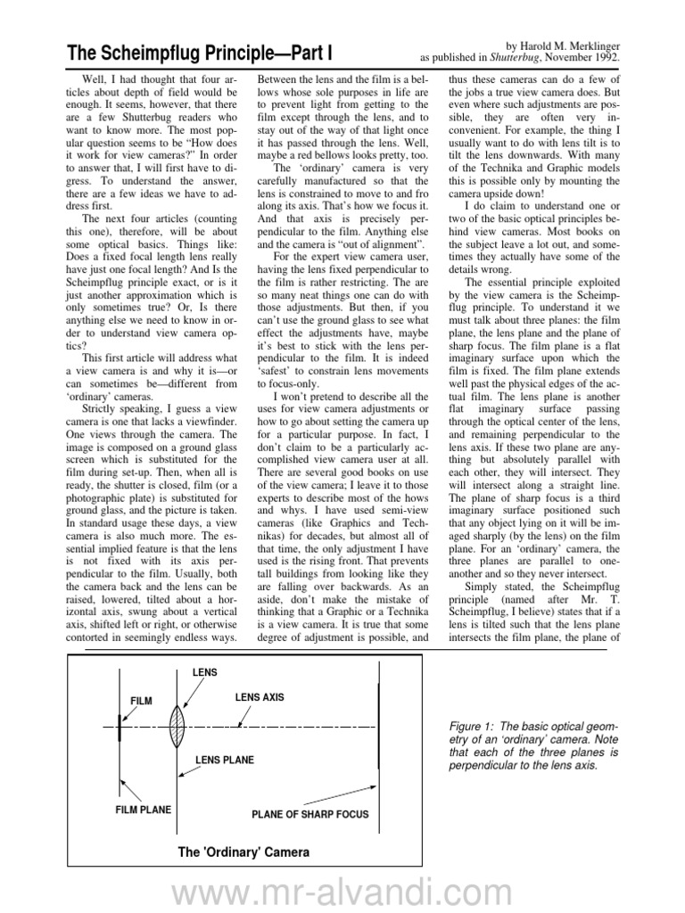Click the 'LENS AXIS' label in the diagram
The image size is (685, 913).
pyautogui.click(x=260, y=697)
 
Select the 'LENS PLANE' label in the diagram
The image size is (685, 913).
pyautogui.click(x=225, y=760)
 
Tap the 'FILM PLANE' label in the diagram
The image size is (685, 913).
pyautogui.click(x=143, y=810)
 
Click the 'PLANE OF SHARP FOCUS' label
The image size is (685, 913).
pyautogui.click(x=309, y=815)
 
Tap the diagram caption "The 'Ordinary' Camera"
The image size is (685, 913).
pyautogui.click(x=243, y=852)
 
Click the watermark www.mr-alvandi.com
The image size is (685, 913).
pyautogui.click(x=342, y=888)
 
